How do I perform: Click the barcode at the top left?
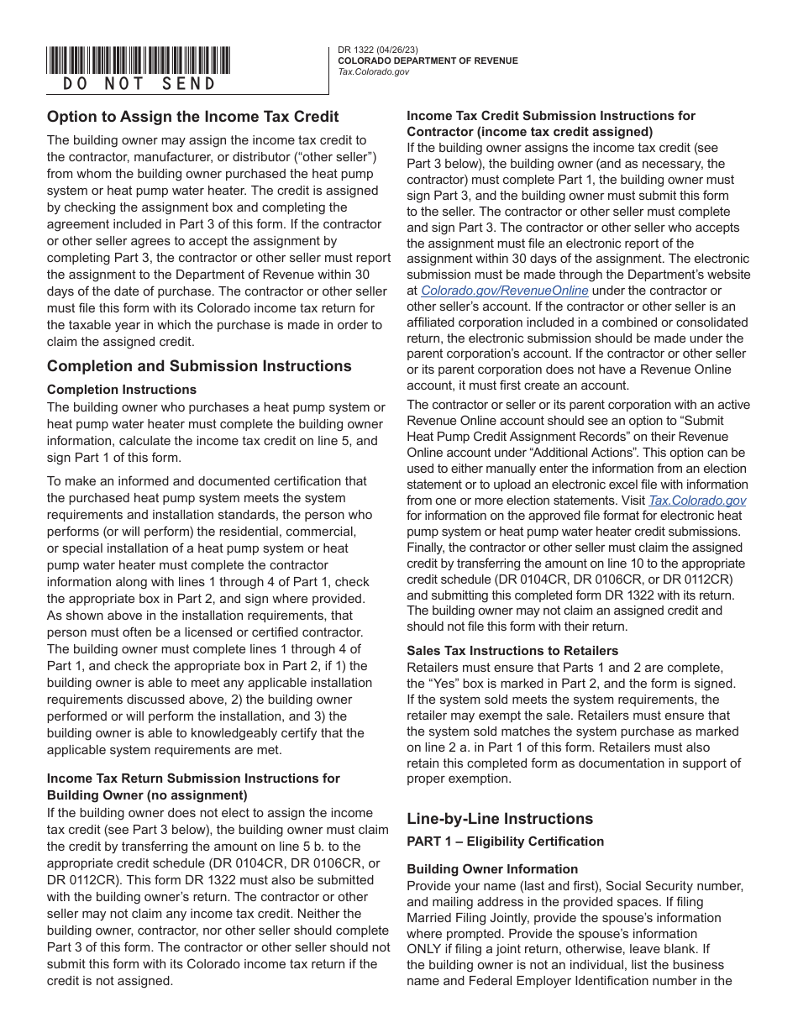point(139,60)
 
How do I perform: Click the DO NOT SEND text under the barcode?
point(139,84)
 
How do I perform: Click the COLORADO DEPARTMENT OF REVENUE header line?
point(428,61)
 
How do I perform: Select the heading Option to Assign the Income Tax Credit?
point(193,117)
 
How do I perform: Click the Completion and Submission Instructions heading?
point(199,366)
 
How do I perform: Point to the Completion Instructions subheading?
point(122,390)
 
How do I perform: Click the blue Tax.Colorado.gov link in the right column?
point(697,501)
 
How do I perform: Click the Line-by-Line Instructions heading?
point(500,819)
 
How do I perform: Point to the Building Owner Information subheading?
point(492,869)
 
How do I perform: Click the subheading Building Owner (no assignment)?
point(147,795)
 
